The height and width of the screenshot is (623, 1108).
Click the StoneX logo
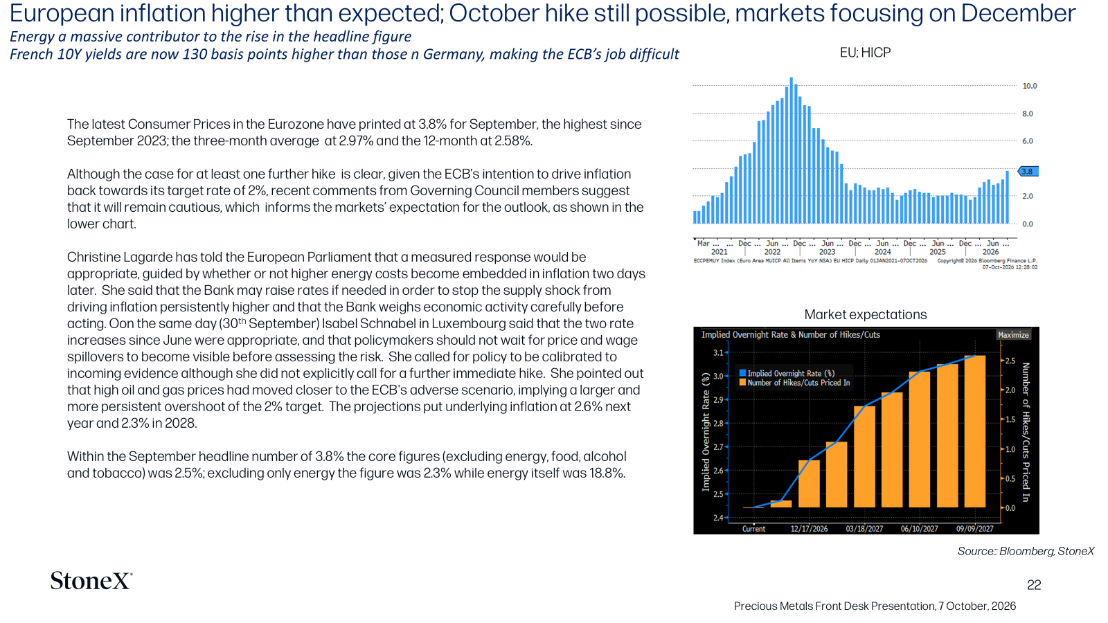point(91,581)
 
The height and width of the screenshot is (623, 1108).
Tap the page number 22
point(1034,585)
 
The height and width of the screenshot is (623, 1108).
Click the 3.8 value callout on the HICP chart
point(1028,172)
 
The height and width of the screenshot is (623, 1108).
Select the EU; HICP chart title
point(865,53)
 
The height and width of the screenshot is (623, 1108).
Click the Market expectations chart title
point(865,314)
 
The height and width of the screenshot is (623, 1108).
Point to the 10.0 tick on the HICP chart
point(1029,86)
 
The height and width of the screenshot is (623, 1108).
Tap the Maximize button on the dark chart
point(1013,335)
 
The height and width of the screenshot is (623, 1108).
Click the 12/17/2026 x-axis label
point(809,529)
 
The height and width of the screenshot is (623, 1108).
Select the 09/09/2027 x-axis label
point(974,529)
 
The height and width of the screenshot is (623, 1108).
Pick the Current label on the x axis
point(754,529)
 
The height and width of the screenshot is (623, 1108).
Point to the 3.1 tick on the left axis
point(718,352)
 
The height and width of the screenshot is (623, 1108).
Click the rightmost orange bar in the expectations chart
point(974,431)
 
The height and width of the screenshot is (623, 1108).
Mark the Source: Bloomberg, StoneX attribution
point(1026,551)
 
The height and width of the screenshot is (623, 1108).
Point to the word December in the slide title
point(1017,14)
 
